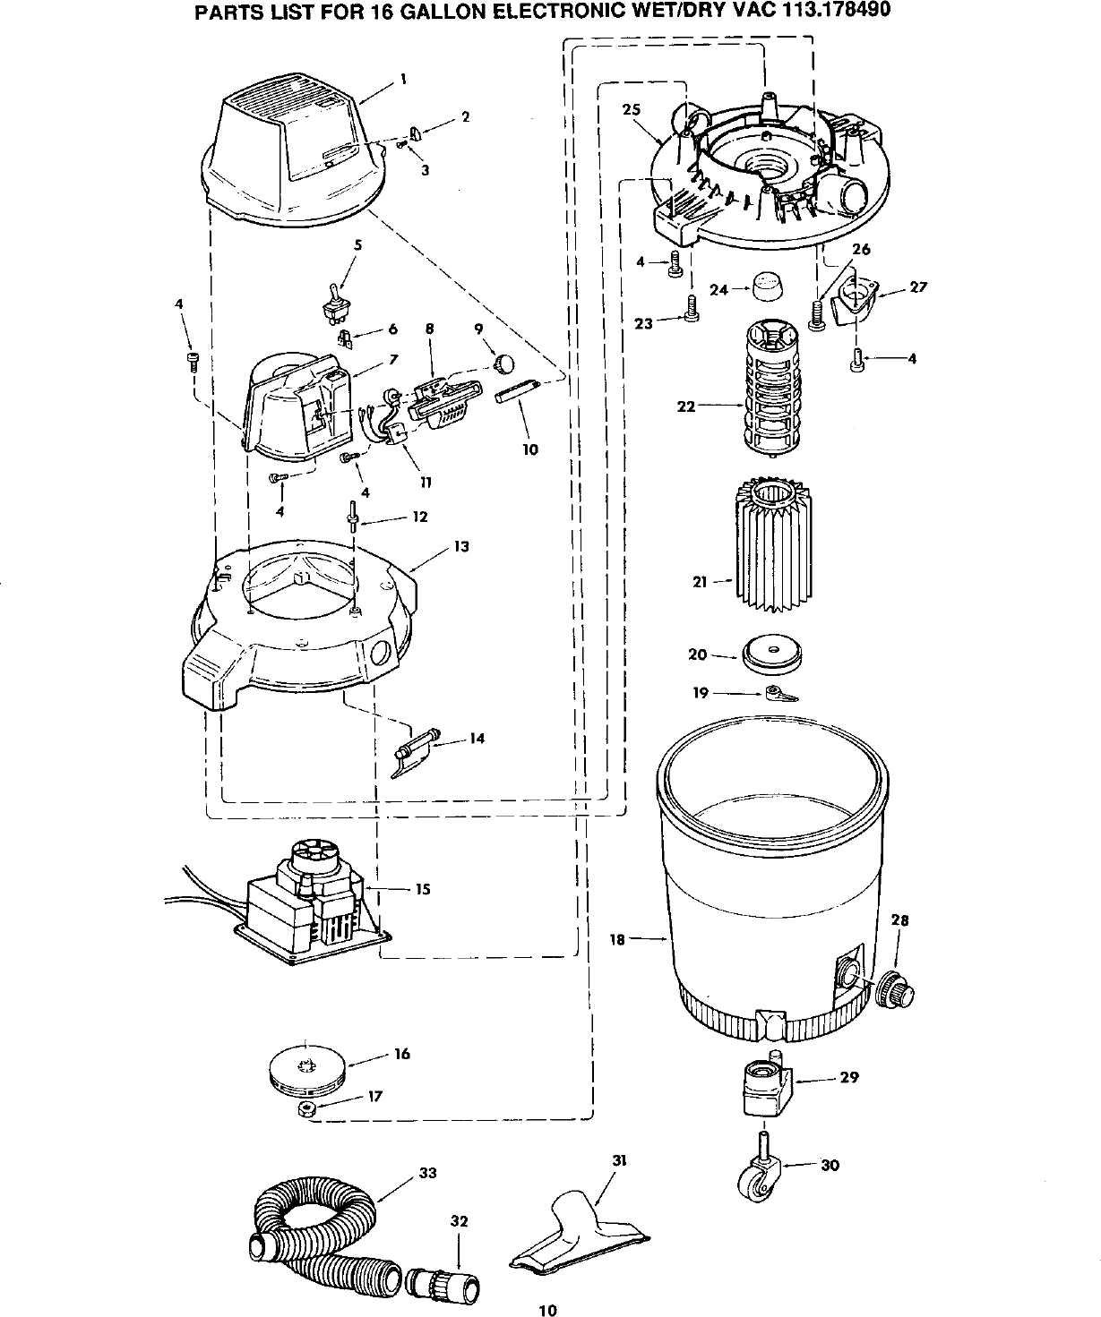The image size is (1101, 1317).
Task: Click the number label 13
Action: coord(461,546)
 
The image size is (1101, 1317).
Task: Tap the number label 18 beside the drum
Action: coord(617,939)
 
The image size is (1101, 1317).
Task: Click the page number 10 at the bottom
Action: coord(548,1310)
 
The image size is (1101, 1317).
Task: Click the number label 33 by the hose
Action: coord(427,1173)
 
